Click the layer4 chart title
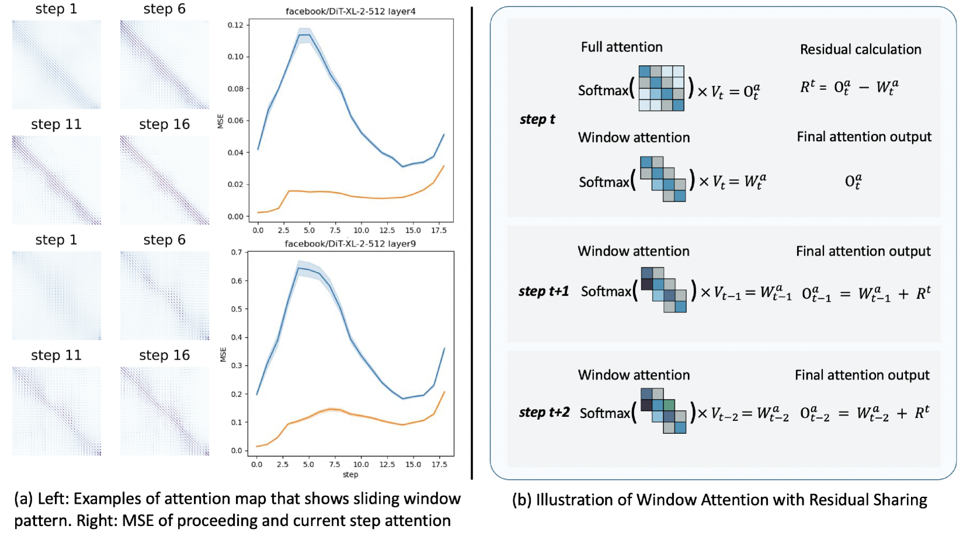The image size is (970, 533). pos(350,11)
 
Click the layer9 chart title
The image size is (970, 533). pos(350,243)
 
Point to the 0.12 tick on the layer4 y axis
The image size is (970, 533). pos(235,25)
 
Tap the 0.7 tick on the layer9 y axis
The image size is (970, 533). pos(236,252)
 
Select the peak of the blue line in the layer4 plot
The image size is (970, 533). pos(304,34)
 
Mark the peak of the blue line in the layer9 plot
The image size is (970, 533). pos(299,268)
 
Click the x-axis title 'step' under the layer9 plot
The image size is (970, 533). pos(350,475)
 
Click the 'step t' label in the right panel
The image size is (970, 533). pos(537,120)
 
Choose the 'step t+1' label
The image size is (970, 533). pos(543,291)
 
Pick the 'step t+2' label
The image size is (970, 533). pos(544,412)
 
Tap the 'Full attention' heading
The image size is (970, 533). pos(621,47)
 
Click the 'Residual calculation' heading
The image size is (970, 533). pos(860,50)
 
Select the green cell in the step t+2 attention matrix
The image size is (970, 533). pos(669,405)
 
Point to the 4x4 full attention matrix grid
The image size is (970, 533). pos(661,88)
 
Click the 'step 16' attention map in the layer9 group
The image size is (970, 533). pos(165,411)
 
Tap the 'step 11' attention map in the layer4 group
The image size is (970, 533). pos(57,180)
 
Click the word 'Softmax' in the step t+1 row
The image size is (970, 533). pos(606,291)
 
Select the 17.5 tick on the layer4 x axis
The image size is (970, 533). pos(439,230)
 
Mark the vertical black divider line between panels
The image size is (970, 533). pos(472,242)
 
